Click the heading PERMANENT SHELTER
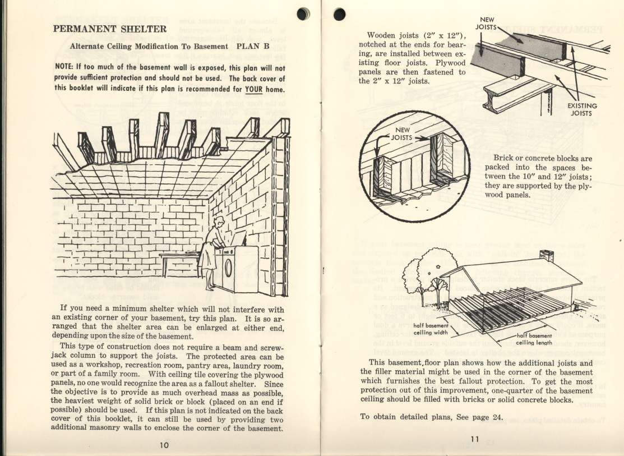pyautogui.click(x=109, y=28)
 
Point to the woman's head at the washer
pyautogui.click(x=219, y=222)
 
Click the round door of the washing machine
pyautogui.click(x=228, y=268)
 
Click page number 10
pyautogui.click(x=163, y=445)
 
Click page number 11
pyautogui.click(x=474, y=439)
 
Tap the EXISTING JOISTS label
pyautogui.click(x=582, y=109)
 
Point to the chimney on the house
pyautogui.click(x=546, y=256)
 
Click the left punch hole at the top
pyautogui.click(x=304, y=13)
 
